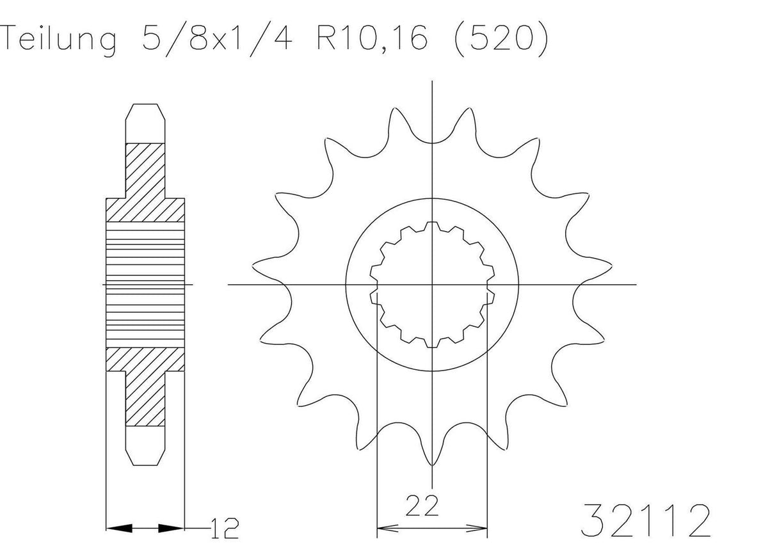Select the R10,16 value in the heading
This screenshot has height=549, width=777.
click(x=371, y=39)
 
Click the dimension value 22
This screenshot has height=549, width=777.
click(x=422, y=506)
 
